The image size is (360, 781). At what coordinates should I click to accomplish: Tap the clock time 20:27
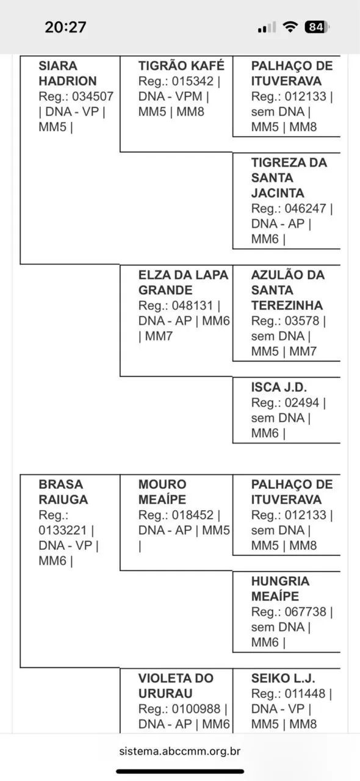(65, 27)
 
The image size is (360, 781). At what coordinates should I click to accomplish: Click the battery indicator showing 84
(317, 27)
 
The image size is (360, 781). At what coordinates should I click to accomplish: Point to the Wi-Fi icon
(290, 26)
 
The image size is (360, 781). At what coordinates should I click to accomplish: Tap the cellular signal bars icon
(267, 27)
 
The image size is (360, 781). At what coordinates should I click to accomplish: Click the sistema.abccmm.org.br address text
(179, 750)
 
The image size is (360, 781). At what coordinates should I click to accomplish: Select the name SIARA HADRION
(67, 73)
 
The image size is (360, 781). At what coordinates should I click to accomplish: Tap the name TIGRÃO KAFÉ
(181, 65)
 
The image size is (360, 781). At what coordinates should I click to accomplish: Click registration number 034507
(93, 96)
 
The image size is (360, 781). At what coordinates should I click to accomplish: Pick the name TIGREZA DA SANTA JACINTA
(289, 178)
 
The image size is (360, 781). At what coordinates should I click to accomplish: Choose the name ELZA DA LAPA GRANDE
(183, 283)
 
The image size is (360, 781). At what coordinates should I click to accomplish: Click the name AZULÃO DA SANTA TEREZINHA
(288, 290)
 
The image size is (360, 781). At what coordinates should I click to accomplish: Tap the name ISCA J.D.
(279, 387)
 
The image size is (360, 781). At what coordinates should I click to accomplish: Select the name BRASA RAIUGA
(63, 492)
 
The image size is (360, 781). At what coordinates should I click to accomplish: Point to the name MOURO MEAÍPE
(162, 492)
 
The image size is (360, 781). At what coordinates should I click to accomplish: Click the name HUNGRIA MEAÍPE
(280, 589)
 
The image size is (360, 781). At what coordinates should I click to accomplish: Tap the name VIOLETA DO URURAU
(176, 685)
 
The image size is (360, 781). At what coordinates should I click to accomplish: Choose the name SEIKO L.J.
(283, 678)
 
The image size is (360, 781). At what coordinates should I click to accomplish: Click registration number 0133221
(62, 530)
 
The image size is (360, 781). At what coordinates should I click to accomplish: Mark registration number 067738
(305, 611)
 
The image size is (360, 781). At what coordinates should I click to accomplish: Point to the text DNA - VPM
(170, 96)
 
